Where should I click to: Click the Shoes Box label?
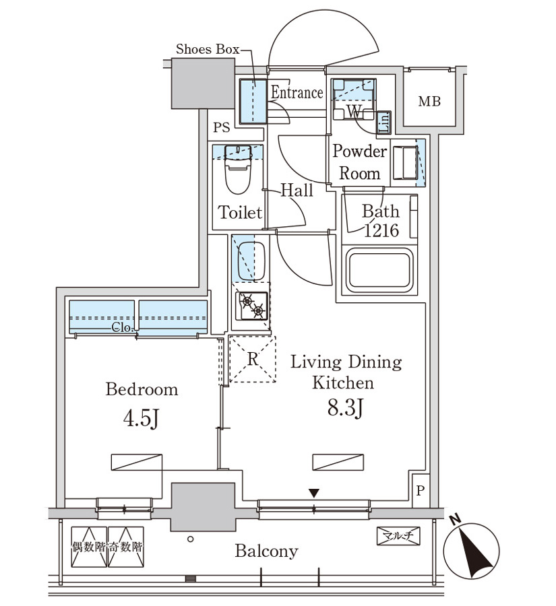click(x=208, y=49)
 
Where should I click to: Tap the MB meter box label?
click(x=429, y=102)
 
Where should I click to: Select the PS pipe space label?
click(x=222, y=127)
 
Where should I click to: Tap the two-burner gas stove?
click(x=252, y=306)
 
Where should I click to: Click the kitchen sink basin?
click(x=251, y=261)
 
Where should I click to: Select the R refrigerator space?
click(x=253, y=359)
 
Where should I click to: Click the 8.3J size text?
click(x=345, y=407)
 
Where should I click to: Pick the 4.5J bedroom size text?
click(x=141, y=418)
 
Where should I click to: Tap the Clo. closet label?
click(x=123, y=328)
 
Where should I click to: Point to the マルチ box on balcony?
click(x=398, y=536)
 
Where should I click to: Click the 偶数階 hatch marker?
click(x=89, y=547)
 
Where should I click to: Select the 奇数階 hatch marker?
click(x=126, y=547)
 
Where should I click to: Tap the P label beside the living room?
click(x=421, y=491)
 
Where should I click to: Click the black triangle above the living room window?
click(x=314, y=493)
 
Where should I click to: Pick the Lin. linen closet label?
click(x=384, y=123)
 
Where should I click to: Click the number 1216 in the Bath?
click(x=382, y=230)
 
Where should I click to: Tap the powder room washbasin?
click(x=405, y=163)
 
